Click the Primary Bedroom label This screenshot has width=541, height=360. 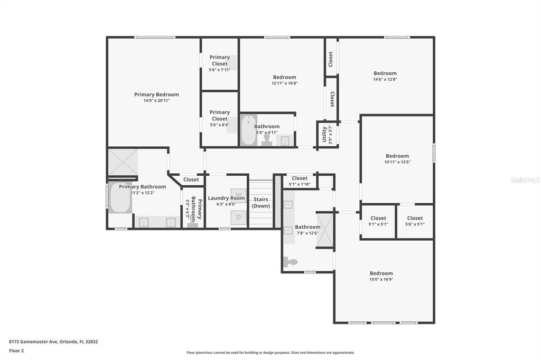[156, 94]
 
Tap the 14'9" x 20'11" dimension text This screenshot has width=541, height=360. [156, 101]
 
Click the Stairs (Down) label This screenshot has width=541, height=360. [260, 203]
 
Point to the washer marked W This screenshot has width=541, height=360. [238, 194]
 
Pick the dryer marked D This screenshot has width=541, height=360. [238, 217]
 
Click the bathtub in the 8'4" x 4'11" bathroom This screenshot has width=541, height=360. [247, 130]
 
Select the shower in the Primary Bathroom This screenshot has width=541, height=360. [123, 162]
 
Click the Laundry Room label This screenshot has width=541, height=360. [226, 198]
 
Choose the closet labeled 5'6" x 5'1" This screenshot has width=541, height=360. [415, 221]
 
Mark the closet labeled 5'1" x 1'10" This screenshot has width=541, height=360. [300, 181]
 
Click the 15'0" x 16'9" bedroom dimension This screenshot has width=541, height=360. [381, 279]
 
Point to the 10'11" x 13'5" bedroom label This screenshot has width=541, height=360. [397, 156]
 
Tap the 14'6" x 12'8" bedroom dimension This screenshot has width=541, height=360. [385, 79]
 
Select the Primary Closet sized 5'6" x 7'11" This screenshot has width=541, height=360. [220, 63]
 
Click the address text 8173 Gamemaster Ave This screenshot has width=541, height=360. [53, 342]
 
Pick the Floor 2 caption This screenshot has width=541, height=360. [16, 350]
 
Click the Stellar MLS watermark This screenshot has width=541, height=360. [525, 180]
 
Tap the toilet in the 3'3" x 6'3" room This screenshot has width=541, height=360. [193, 224]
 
